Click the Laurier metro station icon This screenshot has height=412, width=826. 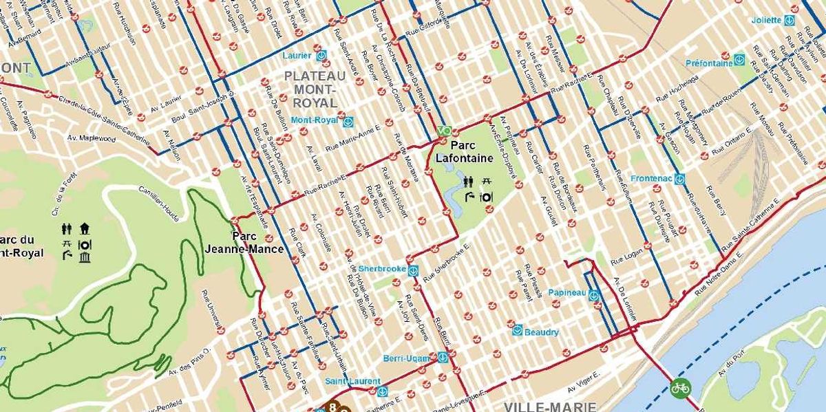(x=321, y=55)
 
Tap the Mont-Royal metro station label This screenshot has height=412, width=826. (x=315, y=120)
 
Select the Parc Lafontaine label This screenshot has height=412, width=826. (x=464, y=152)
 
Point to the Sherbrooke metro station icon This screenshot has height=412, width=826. (x=413, y=270)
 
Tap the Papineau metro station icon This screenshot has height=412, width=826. (x=594, y=296)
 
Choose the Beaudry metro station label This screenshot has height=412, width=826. (x=541, y=332)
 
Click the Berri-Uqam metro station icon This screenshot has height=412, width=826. (x=443, y=358)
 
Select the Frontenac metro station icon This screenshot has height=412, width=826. (x=679, y=179)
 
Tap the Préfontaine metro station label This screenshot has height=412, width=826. (x=708, y=63)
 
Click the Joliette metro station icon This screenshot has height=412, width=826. (x=790, y=21)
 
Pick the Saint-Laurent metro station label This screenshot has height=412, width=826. (x=352, y=381)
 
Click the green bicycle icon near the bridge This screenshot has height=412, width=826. (x=680, y=388)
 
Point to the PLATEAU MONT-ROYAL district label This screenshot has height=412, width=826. (x=315, y=89)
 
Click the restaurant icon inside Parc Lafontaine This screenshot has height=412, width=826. (x=486, y=197)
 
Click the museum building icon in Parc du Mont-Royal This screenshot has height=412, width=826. (x=85, y=258)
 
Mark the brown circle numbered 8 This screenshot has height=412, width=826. (x=334, y=406)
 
